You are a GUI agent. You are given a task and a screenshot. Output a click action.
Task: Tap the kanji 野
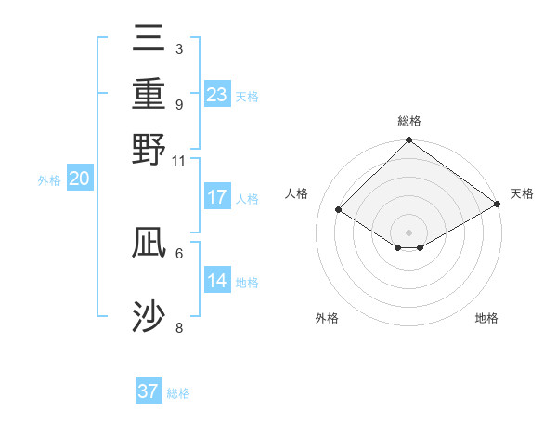(149, 149)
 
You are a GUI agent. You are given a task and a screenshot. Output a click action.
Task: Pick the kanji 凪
(149, 242)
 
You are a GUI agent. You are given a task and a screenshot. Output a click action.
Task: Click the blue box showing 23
(217, 95)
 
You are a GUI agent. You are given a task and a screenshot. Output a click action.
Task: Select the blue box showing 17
(217, 197)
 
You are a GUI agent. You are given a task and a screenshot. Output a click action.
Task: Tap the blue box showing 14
(217, 281)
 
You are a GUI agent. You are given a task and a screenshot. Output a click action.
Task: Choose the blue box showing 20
(80, 179)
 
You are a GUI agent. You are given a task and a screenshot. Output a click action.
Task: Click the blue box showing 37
(149, 391)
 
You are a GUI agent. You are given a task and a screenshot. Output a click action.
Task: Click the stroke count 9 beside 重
(178, 104)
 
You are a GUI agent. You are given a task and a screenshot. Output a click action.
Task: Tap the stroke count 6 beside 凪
(178, 252)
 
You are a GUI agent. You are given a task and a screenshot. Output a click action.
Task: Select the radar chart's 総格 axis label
(408, 121)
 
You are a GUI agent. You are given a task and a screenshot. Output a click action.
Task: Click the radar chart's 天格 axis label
(522, 193)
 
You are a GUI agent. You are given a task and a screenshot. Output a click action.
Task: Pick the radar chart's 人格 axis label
(297, 193)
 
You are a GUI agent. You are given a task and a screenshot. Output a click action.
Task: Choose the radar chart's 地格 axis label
(486, 318)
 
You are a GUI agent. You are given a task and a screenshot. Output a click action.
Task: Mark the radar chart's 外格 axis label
(327, 318)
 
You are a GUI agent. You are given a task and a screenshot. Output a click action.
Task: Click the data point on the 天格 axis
(499, 205)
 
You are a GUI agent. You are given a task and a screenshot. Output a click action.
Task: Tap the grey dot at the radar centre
(408, 232)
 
